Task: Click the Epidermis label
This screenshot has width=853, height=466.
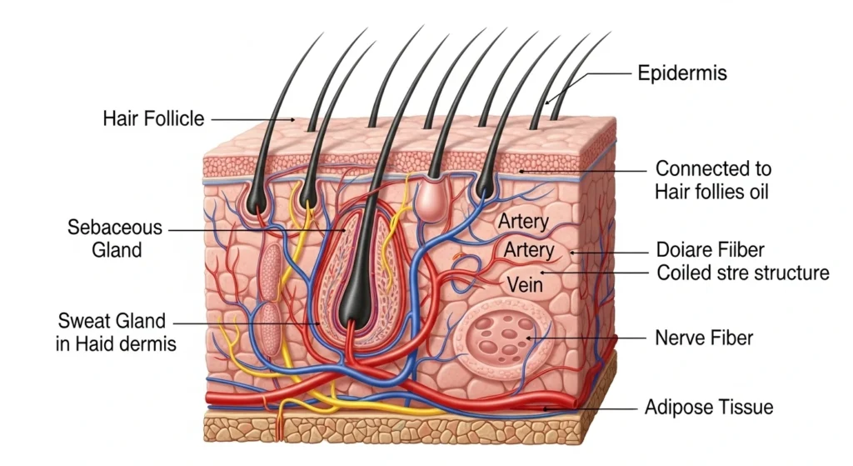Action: click(681, 73)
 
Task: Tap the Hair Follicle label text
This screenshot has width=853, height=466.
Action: click(153, 118)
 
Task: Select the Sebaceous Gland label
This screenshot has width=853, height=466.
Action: click(115, 238)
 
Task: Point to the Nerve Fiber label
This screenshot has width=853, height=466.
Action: click(704, 338)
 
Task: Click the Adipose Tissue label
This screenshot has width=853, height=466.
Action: click(709, 408)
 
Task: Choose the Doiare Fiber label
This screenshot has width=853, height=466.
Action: click(710, 250)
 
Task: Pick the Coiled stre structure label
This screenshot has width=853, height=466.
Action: click(742, 273)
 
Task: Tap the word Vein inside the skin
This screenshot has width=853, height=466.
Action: click(525, 285)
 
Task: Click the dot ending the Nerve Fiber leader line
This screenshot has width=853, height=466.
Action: click(528, 338)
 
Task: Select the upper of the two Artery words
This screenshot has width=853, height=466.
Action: click(523, 223)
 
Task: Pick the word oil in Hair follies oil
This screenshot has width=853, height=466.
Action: click(755, 192)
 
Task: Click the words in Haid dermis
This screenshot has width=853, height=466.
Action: click(116, 343)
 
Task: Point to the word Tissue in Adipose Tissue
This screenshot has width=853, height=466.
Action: click(744, 408)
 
